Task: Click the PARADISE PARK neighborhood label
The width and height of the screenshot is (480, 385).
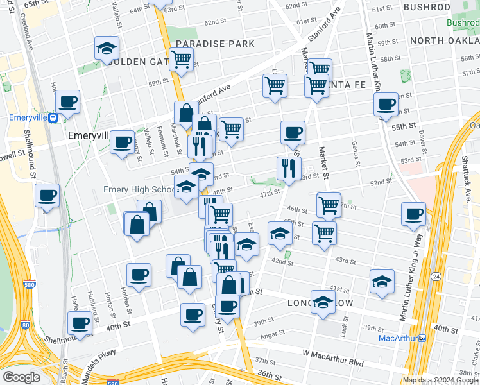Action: click(x=215, y=44)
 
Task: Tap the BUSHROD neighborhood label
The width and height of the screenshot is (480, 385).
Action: click(x=427, y=7)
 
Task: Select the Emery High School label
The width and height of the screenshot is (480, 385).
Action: click(x=139, y=189)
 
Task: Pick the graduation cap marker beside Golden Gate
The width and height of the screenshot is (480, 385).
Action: click(x=106, y=48)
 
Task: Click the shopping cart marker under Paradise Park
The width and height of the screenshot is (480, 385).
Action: click(x=182, y=60)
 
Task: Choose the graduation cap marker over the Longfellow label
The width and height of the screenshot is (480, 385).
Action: click(x=323, y=302)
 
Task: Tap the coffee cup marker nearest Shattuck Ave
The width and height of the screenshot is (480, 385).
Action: click(x=414, y=214)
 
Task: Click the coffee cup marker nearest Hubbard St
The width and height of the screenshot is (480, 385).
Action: click(x=80, y=323)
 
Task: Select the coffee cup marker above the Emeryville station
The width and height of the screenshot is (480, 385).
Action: click(x=67, y=101)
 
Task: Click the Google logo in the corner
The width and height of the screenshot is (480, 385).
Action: click(x=21, y=377)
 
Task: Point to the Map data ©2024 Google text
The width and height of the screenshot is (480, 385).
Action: click(x=440, y=380)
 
